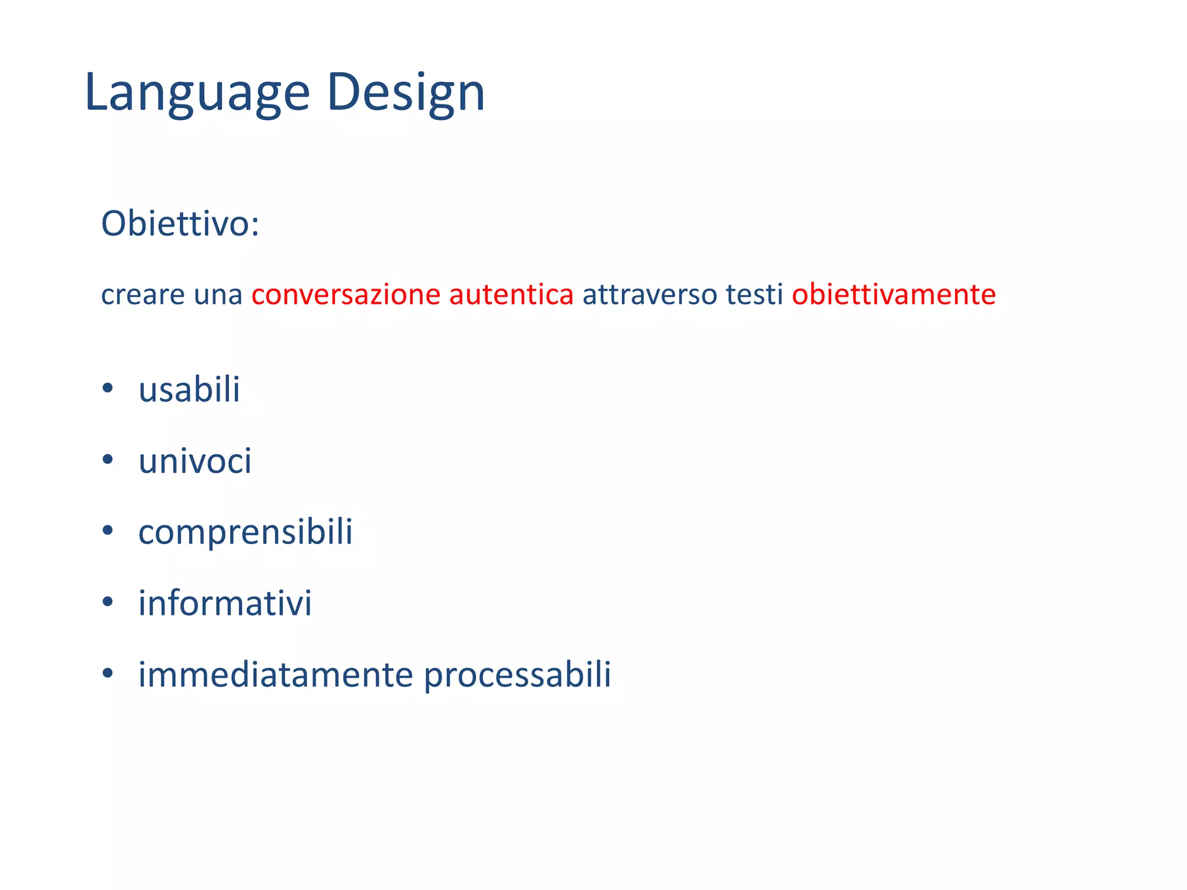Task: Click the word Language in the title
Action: pyautogui.click(x=197, y=93)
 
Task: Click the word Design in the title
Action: pyautogui.click(x=406, y=93)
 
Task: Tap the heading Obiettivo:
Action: pyautogui.click(x=180, y=223)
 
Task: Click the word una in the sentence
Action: pyautogui.click(x=218, y=294)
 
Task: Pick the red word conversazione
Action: pyautogui.click(x=346, y=294)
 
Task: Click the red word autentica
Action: pyautogui.click(x=511, y=294)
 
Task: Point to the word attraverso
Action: pyautogui.click(x=646, y=294)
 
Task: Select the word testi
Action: pyautogui.click(x=754, y=294)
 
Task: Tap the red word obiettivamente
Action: pyautogui.click(x=894, y=294)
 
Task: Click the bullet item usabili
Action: pyautogui.click(x=189, y=389)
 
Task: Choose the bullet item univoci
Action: pyautogui.click(x=195, y=461)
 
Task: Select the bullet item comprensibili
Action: pyautogui.click(x=245, y=532)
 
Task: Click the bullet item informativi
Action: pyautogui.click(x=225, y=603)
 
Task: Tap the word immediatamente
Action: pyautogui.click(x=275, y=674)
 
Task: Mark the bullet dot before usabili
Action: pyautogui.click(x=107, y=389)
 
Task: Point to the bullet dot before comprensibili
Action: pyautogui.click(x=107, y=531)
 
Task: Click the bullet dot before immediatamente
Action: pyautogui.click(x=107, y=674)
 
